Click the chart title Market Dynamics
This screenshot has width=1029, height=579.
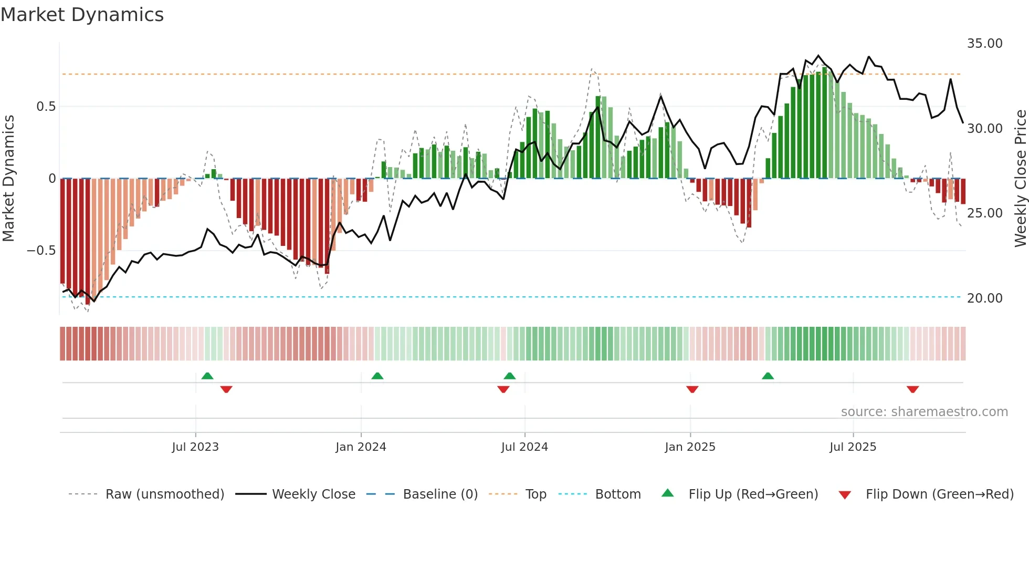[x=82, y=15]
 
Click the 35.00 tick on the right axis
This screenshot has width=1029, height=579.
[x=984, y=44]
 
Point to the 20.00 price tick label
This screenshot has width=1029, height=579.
[x=984, y=298]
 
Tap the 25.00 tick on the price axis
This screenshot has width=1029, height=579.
[x=984, y=213]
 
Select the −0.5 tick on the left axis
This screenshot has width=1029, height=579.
[x=41, y=251]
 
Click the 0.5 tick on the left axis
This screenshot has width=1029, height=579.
[x=46, y=107]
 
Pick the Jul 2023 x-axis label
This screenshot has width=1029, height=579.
[x=195, y=447]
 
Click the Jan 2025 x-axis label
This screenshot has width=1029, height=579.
[x=690, y=447]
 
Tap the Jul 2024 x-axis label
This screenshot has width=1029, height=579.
[x=524, y=447]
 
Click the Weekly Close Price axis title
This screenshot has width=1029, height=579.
[x=1020, y=179]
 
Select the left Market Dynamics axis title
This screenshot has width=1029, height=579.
[x=8, y=179]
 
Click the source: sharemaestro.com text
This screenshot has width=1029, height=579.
[x=924, y=412]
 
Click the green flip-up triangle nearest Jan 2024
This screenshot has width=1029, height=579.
[x=377, y=376]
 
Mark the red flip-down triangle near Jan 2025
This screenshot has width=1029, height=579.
[x=692, y=389]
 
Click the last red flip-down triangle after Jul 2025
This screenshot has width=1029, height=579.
[x=912, y=389]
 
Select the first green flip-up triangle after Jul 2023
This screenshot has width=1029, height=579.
[x=207, y=376]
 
